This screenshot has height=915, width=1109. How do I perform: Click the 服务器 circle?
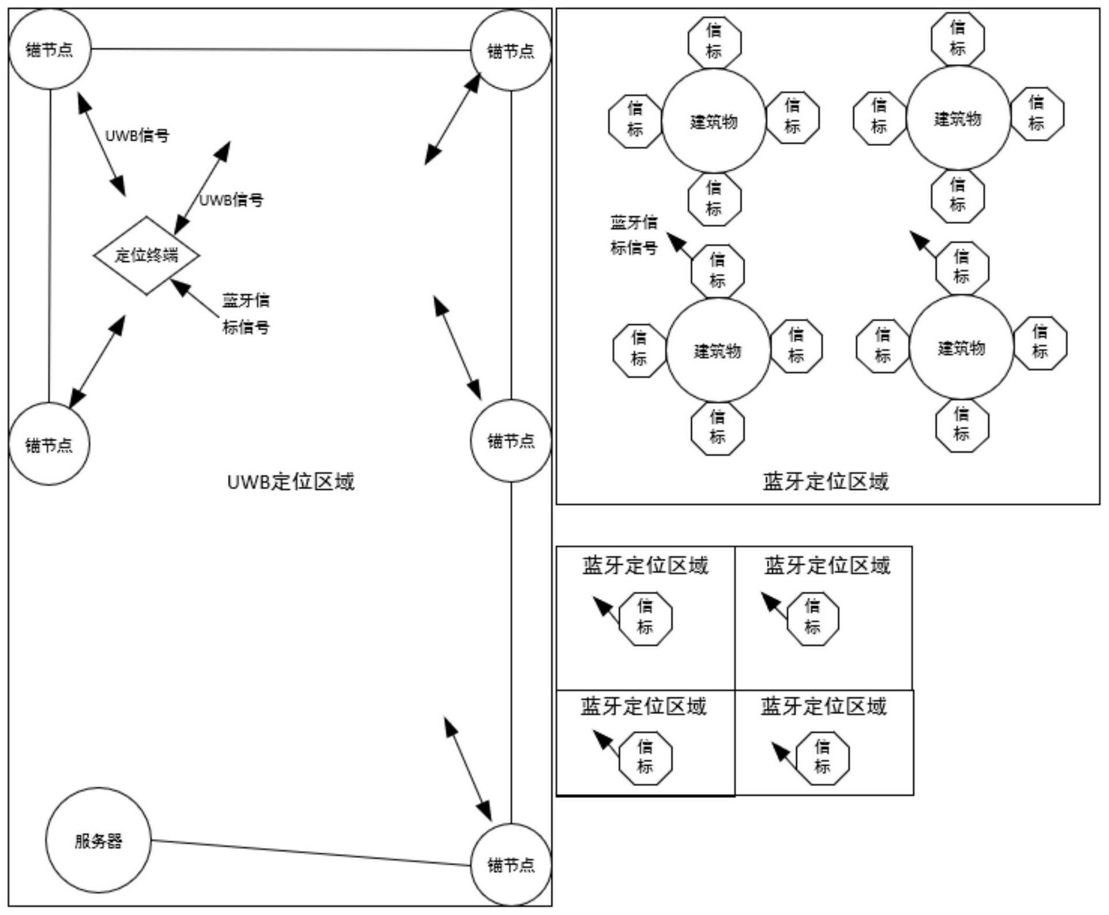(x=98, y=840)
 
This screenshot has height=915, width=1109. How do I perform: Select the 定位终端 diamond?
(x=147, y=256)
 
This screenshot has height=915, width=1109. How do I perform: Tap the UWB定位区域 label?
(x=291, y=481)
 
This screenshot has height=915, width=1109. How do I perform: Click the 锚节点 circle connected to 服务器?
(x=511, y=864)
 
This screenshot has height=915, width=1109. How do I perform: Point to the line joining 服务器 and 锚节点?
(x=312, y=853)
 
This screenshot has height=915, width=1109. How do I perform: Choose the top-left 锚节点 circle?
(x=50, y=49)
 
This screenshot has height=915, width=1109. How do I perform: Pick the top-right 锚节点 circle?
(x=511, y=51)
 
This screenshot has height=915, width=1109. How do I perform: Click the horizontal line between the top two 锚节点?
(x=280, y=50)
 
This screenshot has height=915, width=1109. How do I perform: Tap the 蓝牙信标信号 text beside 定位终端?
(x=246, y=313)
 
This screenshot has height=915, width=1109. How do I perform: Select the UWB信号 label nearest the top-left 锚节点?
(x=137, y=136)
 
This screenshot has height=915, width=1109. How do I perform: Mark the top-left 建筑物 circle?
(x=714, y=121)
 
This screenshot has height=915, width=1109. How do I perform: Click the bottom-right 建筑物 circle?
(x=961, y=348)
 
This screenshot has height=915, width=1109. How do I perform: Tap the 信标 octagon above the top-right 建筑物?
(x=958, y=38)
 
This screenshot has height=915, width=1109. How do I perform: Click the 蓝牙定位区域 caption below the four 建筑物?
(x=826, y=481)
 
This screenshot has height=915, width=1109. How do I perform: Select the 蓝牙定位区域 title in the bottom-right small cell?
(x=823, y=706)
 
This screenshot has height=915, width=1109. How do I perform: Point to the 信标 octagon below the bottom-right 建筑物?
(x=961, y=425)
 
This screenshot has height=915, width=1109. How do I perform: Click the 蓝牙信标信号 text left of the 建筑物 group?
(x=634, y=235)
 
